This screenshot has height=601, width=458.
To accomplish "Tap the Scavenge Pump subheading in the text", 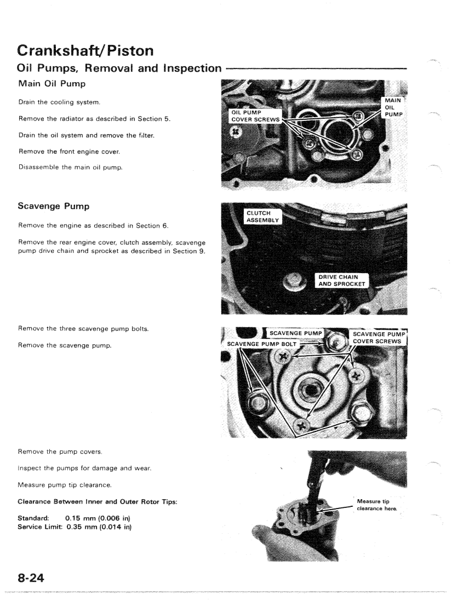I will click(54, 209).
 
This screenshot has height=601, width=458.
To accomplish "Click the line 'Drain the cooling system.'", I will click(53, 102).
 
